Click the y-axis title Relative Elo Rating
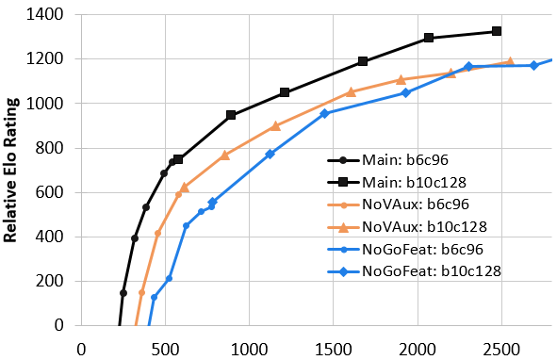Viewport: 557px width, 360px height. (10, 171)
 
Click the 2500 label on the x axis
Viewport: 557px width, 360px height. (501, 350)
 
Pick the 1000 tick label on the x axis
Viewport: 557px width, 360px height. (250, 350)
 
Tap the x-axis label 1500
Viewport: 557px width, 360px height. (334, 350)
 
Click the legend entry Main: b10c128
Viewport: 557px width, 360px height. (397, 182)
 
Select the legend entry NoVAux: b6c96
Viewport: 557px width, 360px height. (399, 205)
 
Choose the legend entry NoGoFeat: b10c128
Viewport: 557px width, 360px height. (414, 271)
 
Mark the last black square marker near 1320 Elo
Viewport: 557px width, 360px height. (497, 31)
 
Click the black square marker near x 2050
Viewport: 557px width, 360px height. (429, 38)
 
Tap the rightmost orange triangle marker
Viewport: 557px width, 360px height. (510, 61)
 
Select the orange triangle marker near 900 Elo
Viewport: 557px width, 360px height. (275, 125)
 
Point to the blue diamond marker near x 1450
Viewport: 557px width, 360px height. (324, 114)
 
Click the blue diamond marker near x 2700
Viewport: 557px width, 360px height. (533, 65)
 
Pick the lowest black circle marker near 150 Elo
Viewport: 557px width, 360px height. (123, 293)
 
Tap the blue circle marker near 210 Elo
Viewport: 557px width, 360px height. (169, 279)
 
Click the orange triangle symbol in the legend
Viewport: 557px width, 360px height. (343, 227)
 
